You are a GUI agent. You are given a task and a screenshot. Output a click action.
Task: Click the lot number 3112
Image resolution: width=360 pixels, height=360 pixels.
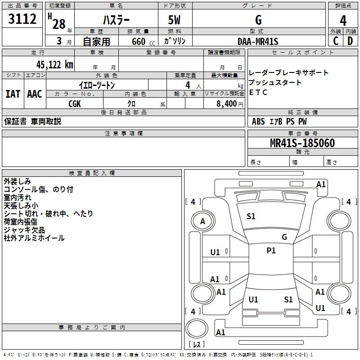[x=22, y=20]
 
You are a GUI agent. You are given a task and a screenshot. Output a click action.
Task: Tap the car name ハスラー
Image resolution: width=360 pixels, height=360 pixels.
[x=116, y=20]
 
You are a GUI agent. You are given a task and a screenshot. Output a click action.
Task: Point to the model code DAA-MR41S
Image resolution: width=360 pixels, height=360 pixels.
[x=258, y=41]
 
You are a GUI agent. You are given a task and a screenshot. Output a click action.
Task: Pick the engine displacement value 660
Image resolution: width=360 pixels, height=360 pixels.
[x=138, y=41]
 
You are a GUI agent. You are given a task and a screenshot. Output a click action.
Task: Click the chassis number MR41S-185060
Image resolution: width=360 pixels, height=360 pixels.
[x=302, y=143]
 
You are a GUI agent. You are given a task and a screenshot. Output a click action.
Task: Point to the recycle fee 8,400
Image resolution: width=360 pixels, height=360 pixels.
[x=226, y=104]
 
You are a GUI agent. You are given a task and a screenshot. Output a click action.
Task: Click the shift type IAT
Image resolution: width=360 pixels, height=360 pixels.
[x=13, y=94]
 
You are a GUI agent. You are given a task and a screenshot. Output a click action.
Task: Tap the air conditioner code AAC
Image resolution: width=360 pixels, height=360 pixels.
[x=35, y=94]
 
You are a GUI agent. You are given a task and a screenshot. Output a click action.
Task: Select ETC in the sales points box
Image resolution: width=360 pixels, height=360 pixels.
[x=258, y=93]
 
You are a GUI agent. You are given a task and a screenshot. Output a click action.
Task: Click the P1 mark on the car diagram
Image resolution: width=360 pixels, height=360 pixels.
[x=271, y=251]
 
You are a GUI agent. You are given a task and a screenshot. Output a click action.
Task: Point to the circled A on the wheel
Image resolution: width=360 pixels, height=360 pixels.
[x=202, y=221]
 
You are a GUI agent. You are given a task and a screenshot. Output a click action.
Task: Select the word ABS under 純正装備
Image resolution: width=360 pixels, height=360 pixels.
[x=258, y=121]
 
